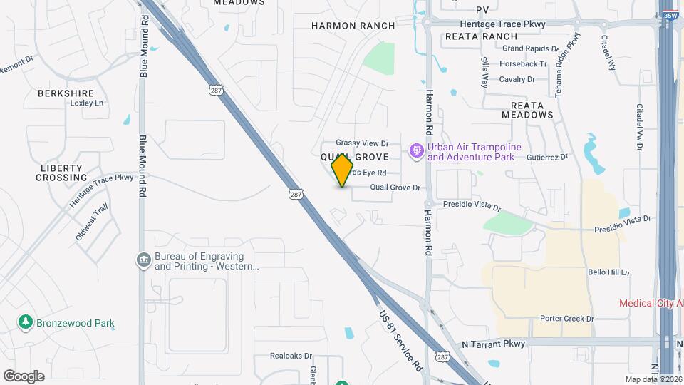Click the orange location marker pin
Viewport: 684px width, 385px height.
coord(343,170)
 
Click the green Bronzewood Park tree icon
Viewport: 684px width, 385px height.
coord(26,322)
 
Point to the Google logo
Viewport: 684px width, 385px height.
coord(24,376)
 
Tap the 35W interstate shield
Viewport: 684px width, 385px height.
coord(669,14)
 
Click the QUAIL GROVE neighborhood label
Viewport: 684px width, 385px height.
coord(354,157)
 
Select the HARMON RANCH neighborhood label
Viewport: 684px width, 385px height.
coord(353,26)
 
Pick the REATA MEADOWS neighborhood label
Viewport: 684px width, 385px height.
coord(527,110)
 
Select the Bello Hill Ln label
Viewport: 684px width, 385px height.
coord(608,272)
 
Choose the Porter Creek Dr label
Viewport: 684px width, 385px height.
coord(566,319)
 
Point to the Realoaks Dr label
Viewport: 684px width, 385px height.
coord(291,355)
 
